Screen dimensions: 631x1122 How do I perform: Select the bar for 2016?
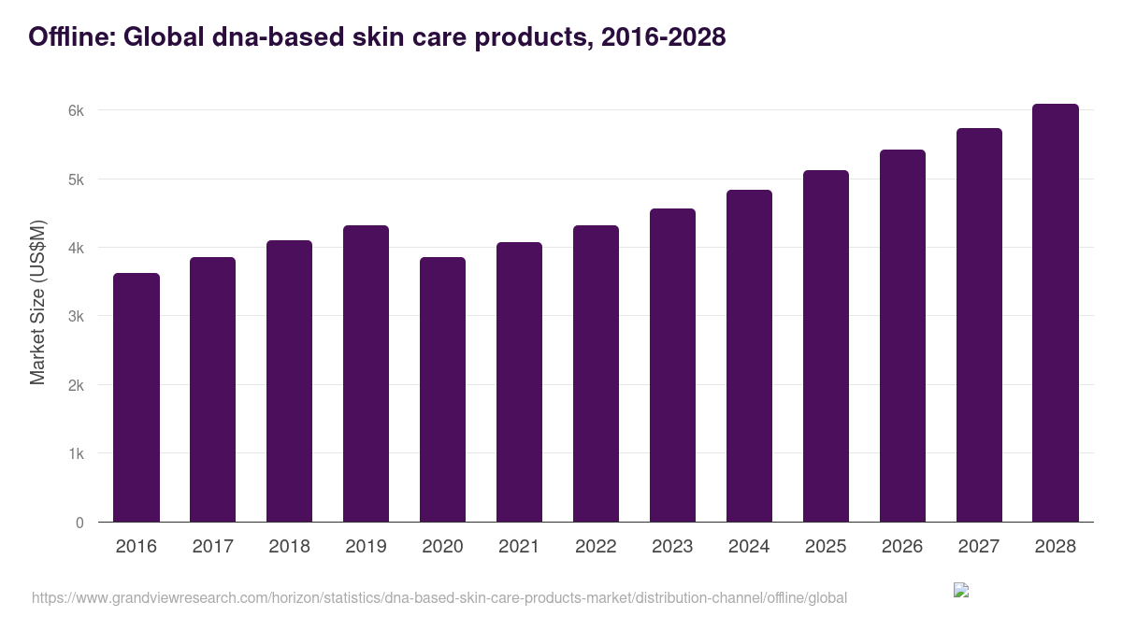tap(137, 397)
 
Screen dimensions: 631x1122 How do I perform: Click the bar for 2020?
tap(442, 389)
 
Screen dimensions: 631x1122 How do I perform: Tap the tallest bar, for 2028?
tap(1056, 312)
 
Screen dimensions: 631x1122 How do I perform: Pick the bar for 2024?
tap(749, 355)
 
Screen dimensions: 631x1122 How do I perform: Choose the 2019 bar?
tap(366, 373)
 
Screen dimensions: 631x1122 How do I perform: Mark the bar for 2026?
tap(902, 336)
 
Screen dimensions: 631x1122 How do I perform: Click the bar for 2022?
tap(596, 373)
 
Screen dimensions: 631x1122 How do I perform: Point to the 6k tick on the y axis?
tap(76, 110)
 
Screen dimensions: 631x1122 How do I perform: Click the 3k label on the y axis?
tap(76, 316)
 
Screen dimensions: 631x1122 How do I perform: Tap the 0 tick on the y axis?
tap(79, 523)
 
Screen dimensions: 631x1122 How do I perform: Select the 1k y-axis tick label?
tap(76, 453)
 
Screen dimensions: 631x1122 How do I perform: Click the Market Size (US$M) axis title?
tap(37, 302)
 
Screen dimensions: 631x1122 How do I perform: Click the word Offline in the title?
tap(70, 37)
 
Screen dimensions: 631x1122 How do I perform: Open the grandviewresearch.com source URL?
tap(439, 597)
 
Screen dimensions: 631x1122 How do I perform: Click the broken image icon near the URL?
tap(961, 590)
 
